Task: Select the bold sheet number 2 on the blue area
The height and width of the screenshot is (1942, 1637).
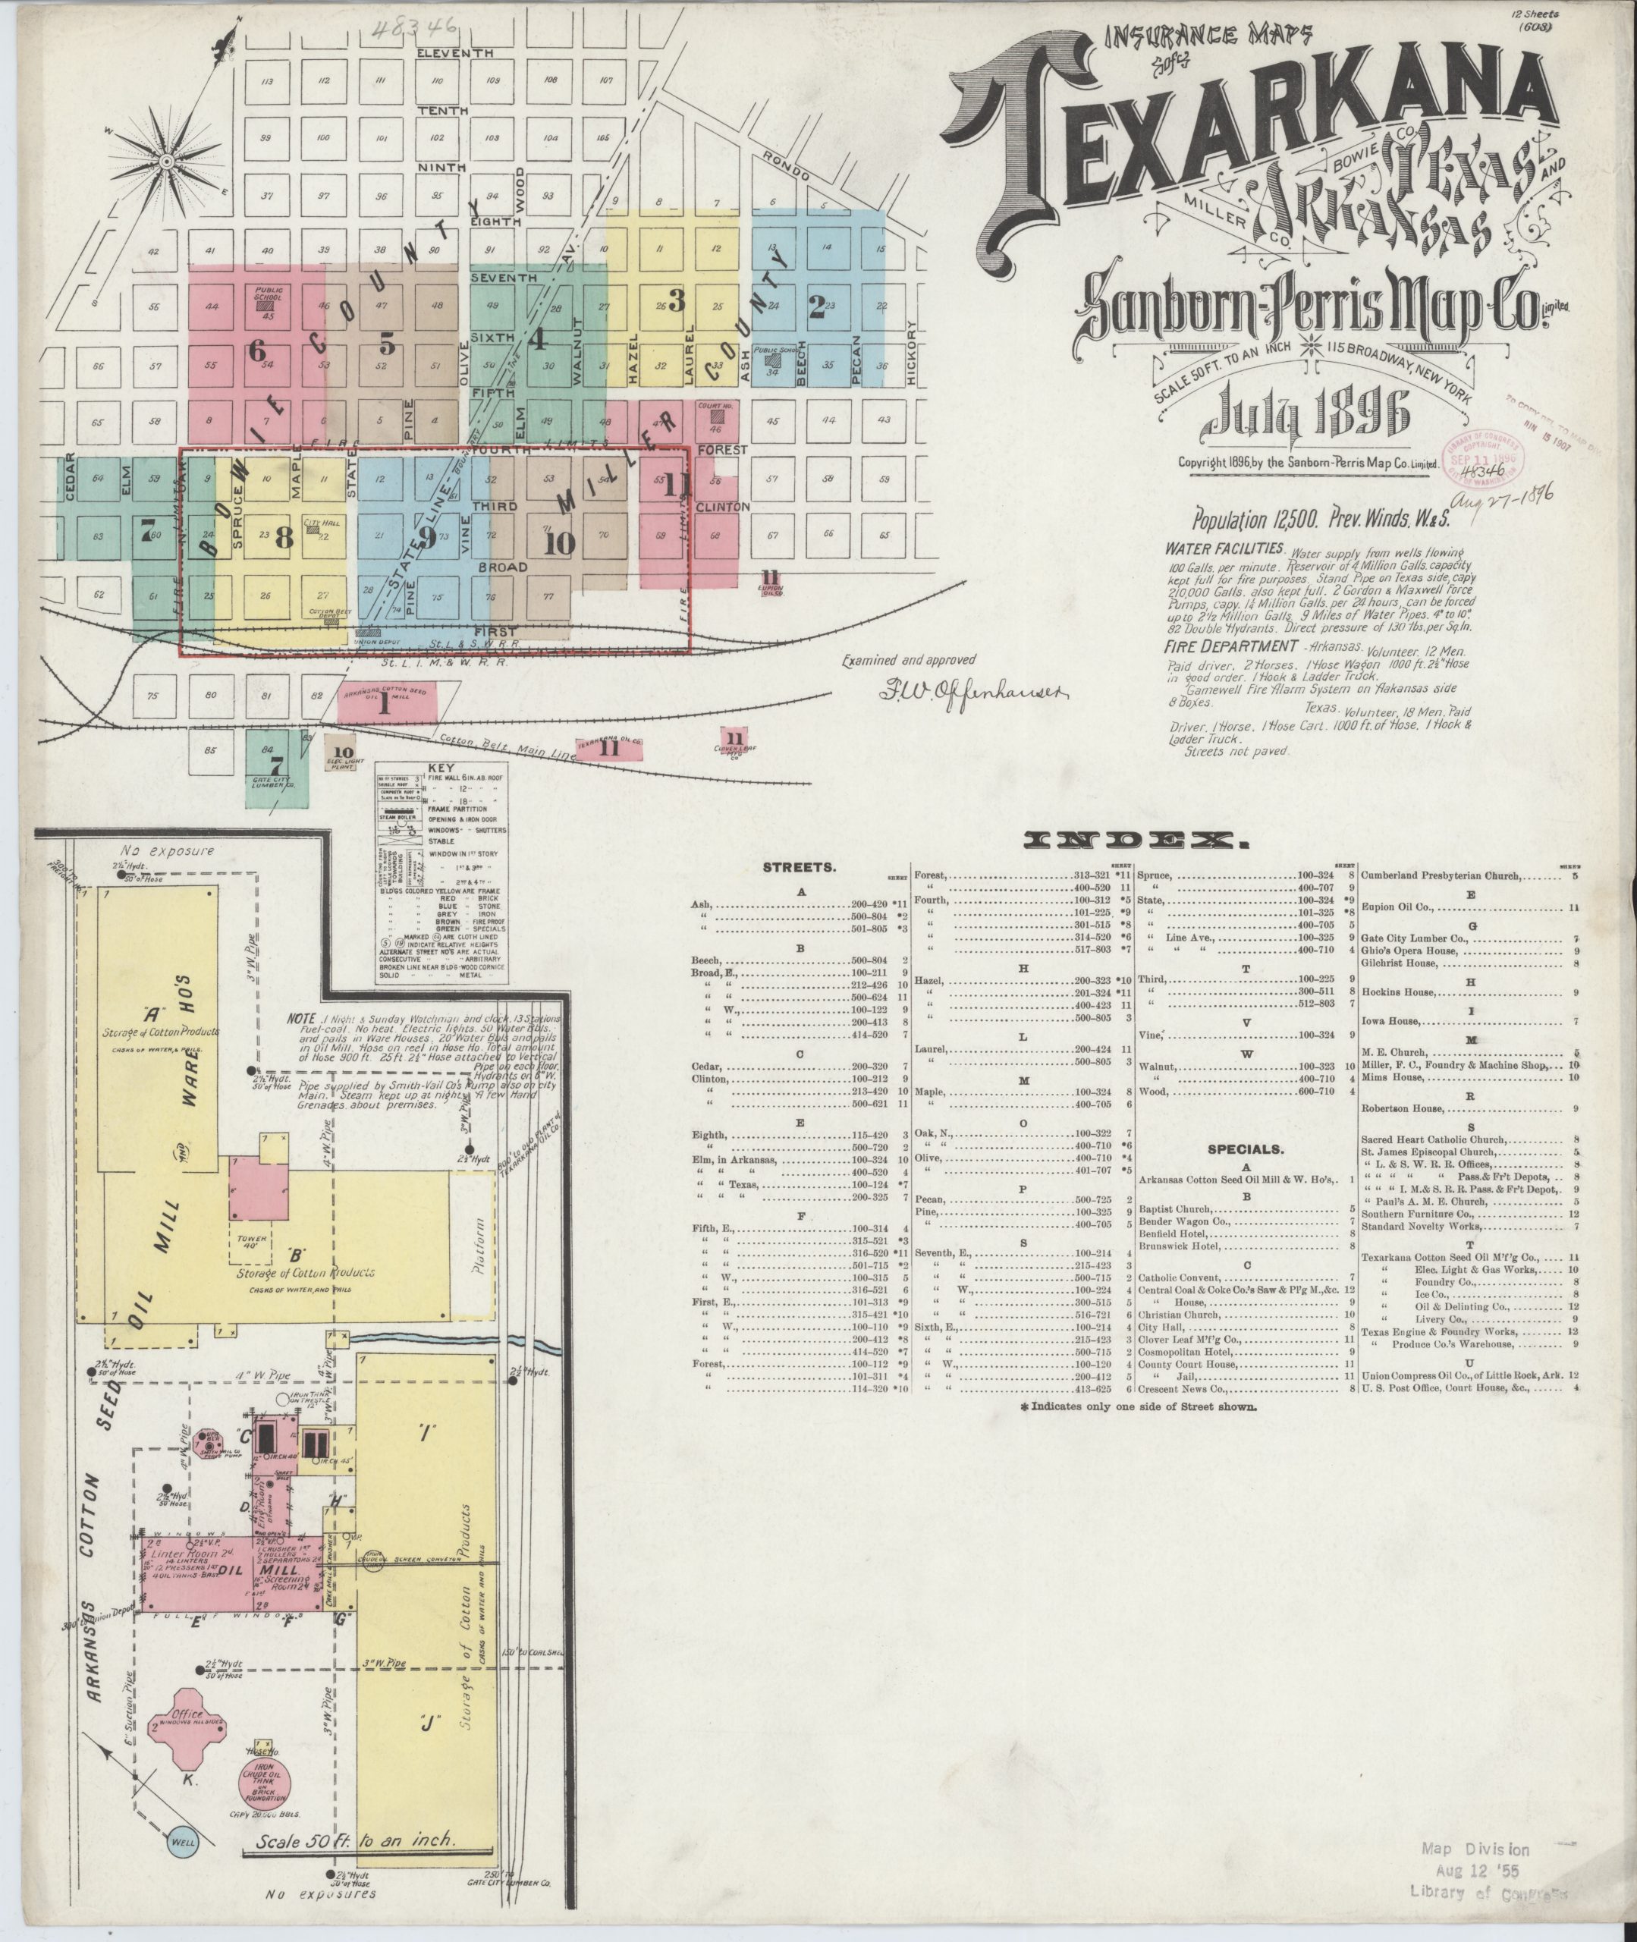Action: pyautogui.click(x=817, y=307)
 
